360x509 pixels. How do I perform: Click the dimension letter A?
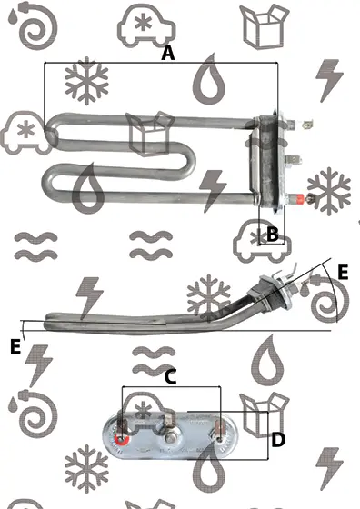click(x=168, y=54)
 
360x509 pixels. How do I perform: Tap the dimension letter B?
click(x=273, y=234)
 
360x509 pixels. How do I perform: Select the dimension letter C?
click(x=170, y=377)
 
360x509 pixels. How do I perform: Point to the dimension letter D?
click(x=278, y=440)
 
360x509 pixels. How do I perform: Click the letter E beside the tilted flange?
click(x=343, y=272)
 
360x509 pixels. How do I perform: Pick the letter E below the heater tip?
click(x=15, y=346)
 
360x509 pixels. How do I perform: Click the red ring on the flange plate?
click(x=122, y=440)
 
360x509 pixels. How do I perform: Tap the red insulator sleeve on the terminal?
click(x=299, y=198)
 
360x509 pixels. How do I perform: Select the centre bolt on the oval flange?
click(x=169, y=438)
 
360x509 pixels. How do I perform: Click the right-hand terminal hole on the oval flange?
click(x=219, y=439)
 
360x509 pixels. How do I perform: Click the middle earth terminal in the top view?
click(x=293, y=160)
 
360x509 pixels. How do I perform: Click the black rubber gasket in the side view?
click(x=265, y=293)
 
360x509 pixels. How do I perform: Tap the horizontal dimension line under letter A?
click(x=161, y=62)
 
